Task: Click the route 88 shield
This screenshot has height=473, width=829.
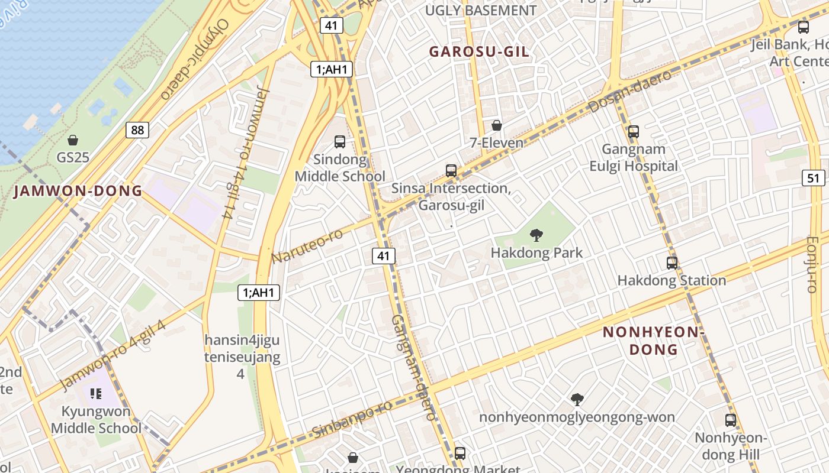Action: pyautogui.click(x=137, y=130)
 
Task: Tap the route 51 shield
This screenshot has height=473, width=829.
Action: pyautogui.click(x=814, y=178)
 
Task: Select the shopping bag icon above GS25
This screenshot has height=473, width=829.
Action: pyautogui.click(x=73, y=140)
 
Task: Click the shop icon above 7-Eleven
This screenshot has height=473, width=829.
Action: pyautogui.click(x=497, y=125)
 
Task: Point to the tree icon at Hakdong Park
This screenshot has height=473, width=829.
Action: pyautogui.click(x=536, y=235)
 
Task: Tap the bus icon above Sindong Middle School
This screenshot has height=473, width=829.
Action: pyautogui.click(x=340, y=142)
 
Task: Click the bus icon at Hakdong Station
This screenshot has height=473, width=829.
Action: pyautogui.click(x=672, y=263)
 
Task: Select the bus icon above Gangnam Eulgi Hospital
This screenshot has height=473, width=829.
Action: pyautogui.click(x=634, y=132)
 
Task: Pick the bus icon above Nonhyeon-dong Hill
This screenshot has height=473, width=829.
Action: pyautogui.click(x=731, y=420)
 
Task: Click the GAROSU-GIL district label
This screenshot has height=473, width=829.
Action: pyautogui.click(x=479, y=52)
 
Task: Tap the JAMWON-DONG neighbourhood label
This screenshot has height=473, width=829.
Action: pyautogui.click(x=78, y=191)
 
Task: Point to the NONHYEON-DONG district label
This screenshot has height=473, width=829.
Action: pyautogui.click(x=653, y=341)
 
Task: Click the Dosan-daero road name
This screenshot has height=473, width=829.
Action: pyautogui.click(x=631, y=92)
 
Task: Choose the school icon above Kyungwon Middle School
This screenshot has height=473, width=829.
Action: pyautogui.click(x=97, y=393)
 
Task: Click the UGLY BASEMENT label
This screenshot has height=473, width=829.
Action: pyautogui.click(x=481, y=11)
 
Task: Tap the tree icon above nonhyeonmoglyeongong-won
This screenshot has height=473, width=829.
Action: pyautogui.click(x=577, y=400)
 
